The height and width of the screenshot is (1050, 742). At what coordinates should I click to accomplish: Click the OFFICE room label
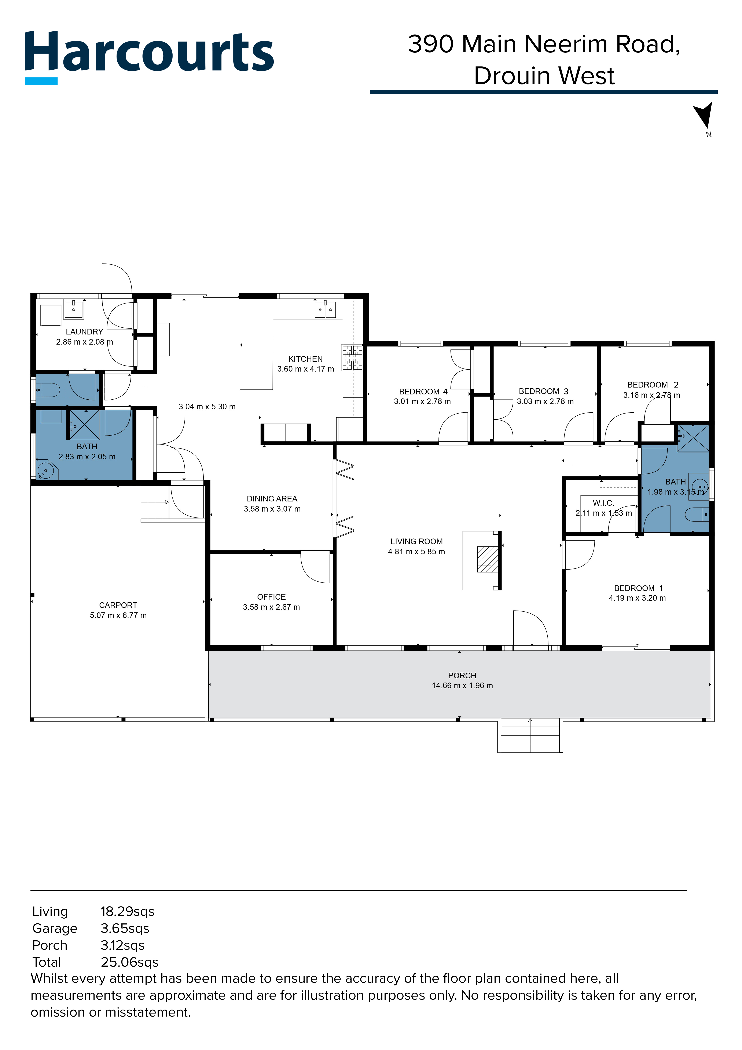(x=271, y=597)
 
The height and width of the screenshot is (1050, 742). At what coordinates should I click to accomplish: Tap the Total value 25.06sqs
(x=129, y=962)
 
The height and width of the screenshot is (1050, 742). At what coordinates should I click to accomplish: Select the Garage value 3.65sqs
(x=125, y=928)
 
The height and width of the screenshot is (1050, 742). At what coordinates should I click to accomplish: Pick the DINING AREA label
(x=272, y=498)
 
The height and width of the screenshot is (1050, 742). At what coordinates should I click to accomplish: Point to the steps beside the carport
(x=155, y=502)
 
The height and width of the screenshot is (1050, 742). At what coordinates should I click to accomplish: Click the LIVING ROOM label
(x=416, y=541)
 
